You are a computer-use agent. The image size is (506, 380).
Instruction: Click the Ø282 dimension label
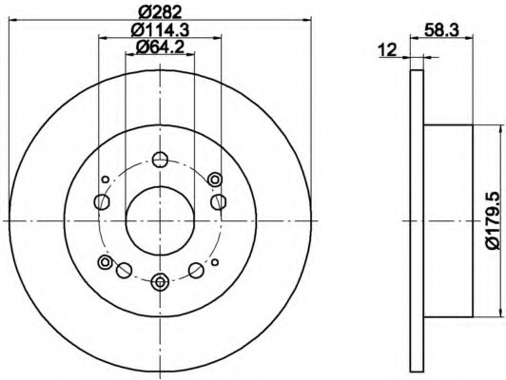[x=160, y=12]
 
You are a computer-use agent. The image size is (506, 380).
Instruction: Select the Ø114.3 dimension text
[x=160, y=30]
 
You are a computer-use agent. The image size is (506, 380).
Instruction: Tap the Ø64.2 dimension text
[x=160, y=47]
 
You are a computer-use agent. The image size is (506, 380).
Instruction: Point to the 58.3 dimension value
[x=441, y=30]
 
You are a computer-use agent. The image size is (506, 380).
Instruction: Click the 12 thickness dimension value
[x=387, y=50]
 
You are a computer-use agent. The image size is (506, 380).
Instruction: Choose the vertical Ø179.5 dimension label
[x=497, y=221]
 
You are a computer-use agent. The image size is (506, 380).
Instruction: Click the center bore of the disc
[x=160, y=220]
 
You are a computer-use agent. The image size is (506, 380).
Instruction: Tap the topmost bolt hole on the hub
[x=160, y=160]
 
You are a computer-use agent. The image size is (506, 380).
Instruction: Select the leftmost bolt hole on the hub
[x=102, y=201]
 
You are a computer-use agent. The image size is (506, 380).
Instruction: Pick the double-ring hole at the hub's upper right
[x=215, y=180]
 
